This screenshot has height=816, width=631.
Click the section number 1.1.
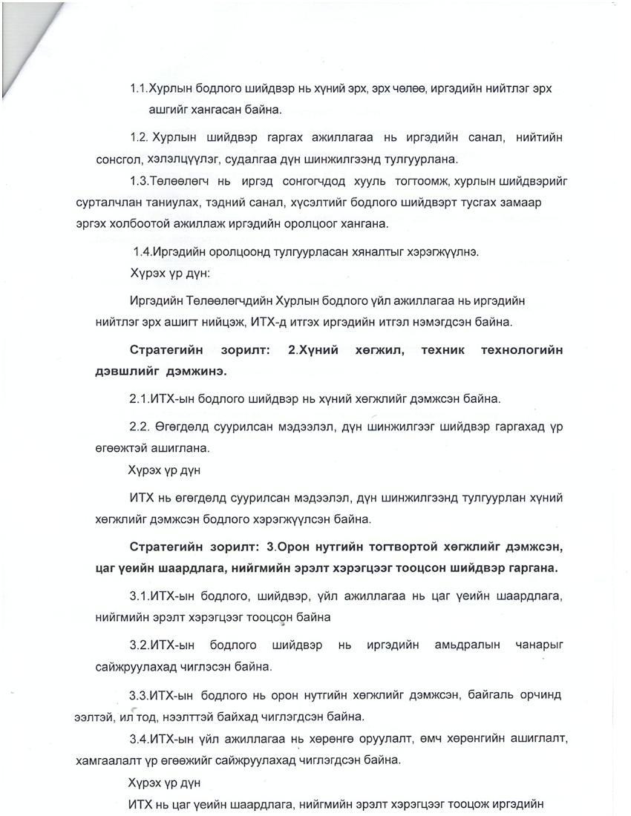pos(139,89)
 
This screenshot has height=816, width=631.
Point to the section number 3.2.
pos(139,645)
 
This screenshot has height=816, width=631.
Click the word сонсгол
pos(118,159)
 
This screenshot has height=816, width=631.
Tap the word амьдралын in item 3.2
pos(468,645)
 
